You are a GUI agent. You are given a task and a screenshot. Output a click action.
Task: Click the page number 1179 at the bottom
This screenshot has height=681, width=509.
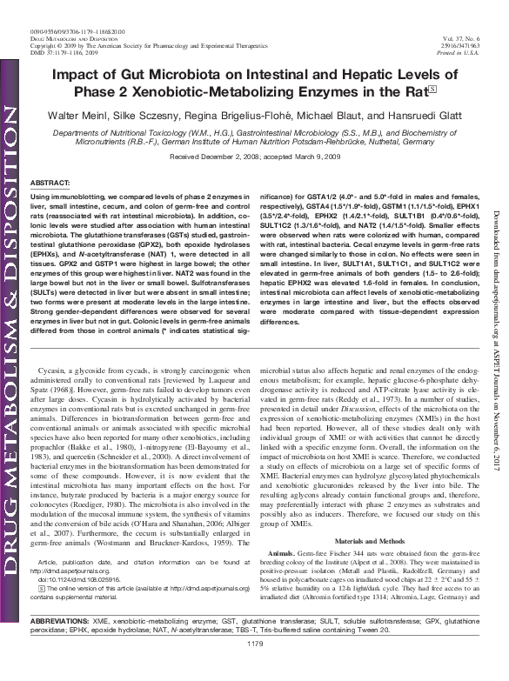coord(254,667)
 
